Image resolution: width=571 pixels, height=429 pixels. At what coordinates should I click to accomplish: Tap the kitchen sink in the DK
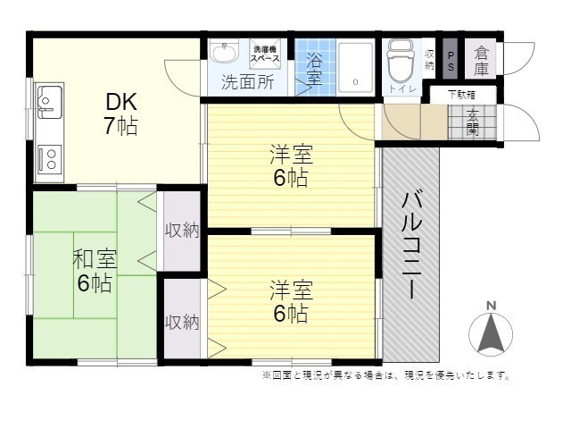(49, 100)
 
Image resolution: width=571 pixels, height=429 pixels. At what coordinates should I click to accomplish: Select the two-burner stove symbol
(49, 159)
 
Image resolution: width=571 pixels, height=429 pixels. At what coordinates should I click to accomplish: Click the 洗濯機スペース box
(265, 53)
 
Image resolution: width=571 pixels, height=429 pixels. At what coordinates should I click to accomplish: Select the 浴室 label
(315, 70)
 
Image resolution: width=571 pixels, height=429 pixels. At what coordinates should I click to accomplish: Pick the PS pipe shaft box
(451, 58)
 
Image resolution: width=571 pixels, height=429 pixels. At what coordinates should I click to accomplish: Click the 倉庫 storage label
(482, 59)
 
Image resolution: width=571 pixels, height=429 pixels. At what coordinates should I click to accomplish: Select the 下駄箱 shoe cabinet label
(461, 92)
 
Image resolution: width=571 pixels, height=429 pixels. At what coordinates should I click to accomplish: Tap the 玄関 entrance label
(471, 122)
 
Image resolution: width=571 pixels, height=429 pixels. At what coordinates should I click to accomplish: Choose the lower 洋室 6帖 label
(291, 301)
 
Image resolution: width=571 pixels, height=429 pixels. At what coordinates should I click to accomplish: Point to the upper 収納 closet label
(182, 230)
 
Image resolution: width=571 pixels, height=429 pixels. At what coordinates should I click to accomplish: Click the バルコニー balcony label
(411, 245)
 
